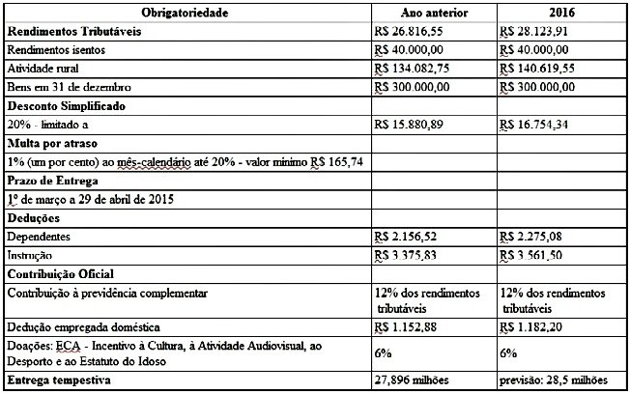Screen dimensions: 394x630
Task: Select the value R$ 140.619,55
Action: (x=539, y=68)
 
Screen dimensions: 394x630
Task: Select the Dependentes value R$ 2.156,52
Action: (x=407, y=236)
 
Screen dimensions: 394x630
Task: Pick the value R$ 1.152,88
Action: (x=407, y=329)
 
